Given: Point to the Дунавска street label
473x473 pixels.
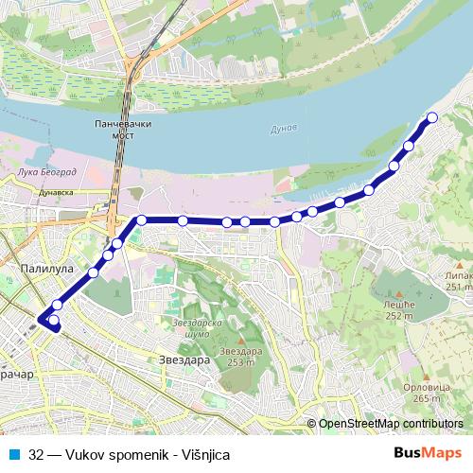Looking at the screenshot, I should [x=56, y=191].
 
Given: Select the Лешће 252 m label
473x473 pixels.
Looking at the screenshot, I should [x=399, y=309].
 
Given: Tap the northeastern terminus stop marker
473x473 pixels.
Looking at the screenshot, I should [x=432, y=117].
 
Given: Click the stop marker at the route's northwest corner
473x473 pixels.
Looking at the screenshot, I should [x=141, y=219].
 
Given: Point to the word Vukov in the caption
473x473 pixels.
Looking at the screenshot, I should [x=85, y=454].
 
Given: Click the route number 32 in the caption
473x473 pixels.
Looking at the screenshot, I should [x=36, y=454].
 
